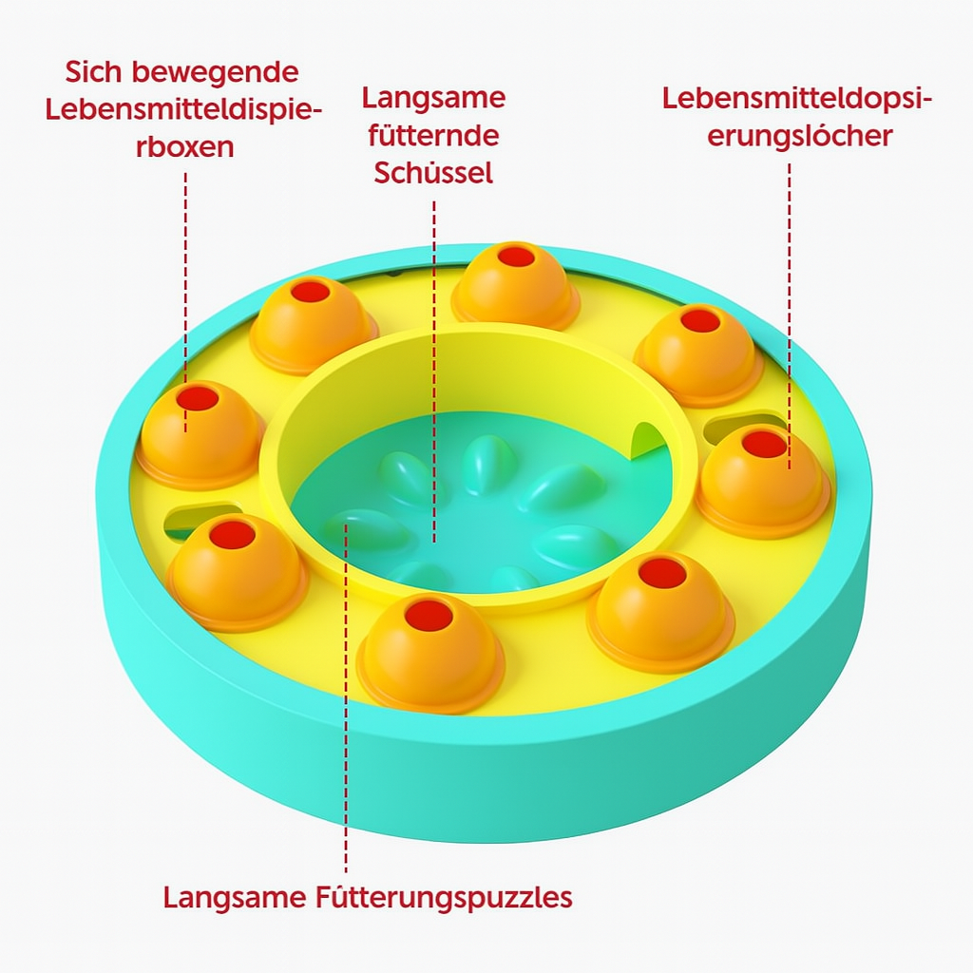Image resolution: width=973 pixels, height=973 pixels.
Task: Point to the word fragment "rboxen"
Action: pos(184,148)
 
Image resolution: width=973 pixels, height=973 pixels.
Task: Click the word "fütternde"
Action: pos(433,136)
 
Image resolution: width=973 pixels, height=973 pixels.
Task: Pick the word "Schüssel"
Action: pos(433,173)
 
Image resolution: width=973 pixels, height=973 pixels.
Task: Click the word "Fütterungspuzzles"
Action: pos(442,897)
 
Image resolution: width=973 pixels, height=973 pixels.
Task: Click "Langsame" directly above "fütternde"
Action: pos(433,98)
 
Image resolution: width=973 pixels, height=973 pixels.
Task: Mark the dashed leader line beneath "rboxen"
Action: pos(185,285)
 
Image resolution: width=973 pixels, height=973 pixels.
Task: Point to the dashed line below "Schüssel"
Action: pos(434,361)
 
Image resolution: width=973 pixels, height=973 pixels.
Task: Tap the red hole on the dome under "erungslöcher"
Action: pos(764,444)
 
